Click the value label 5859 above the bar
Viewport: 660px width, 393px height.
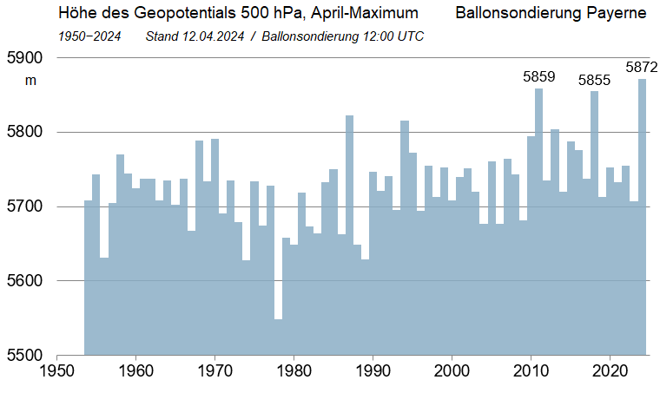coord(538,77)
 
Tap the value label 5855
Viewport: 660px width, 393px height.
coord(595,81)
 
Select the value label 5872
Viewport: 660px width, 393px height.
coord(642,67)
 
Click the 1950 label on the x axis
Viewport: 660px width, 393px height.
coord(56,370)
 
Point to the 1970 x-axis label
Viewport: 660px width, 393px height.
coord(214,370)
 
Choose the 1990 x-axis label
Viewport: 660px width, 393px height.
coord(373,370)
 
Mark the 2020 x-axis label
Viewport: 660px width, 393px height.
coord(610,370)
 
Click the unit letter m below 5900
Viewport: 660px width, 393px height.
coord(30,81)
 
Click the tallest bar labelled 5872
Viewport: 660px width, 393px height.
coord(642,217)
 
